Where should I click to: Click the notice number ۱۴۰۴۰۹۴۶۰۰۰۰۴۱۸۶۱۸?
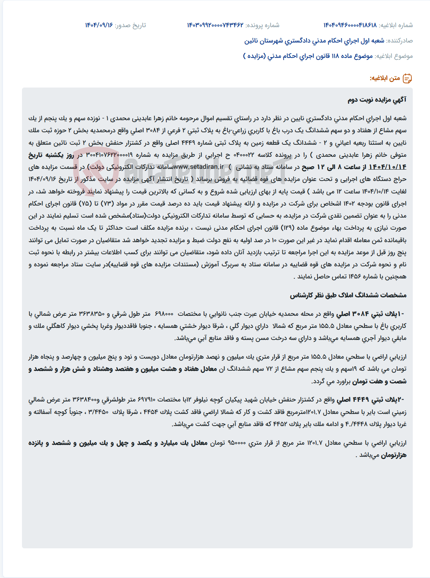point(350,25)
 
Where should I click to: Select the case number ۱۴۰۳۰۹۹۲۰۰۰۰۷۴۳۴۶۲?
point(215,25)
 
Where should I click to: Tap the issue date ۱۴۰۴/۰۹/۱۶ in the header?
point(99,25)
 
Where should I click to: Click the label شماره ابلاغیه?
point(396,25)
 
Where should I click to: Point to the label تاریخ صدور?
point(130,25)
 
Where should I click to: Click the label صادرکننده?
point(400,41)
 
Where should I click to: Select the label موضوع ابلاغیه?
point(394,56)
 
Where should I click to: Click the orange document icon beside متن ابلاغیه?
point(407,78)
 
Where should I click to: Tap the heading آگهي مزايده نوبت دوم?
point(377,100)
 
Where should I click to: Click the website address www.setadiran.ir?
point(199,167)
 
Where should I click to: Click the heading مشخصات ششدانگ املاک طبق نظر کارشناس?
point(348,295)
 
